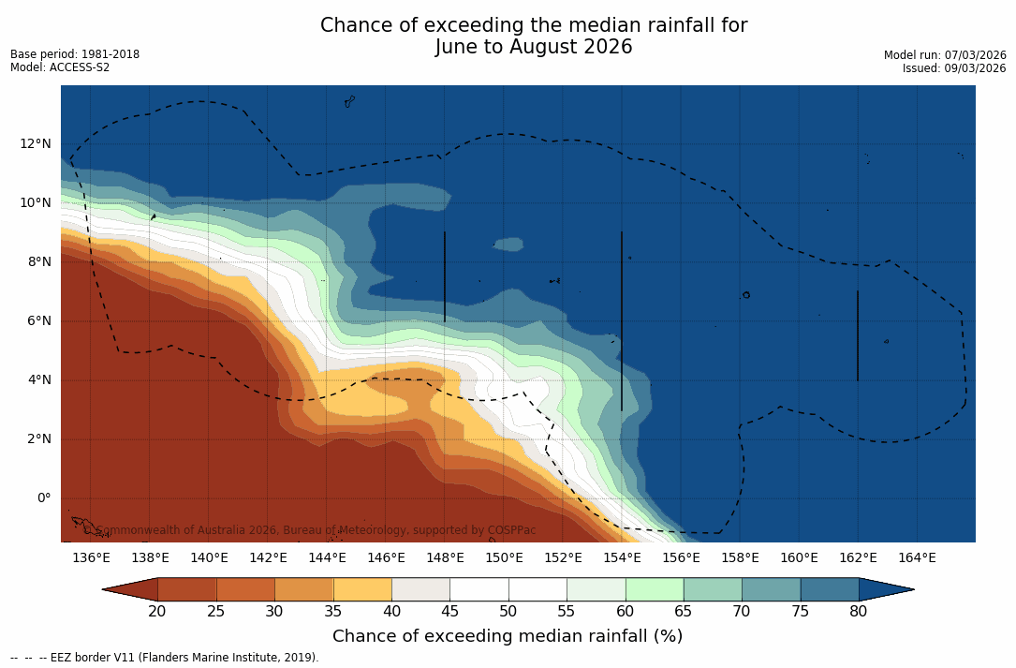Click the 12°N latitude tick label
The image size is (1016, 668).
point(36,144)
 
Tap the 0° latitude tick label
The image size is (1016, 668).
point(43,498)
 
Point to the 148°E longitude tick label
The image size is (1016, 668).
point(445,558)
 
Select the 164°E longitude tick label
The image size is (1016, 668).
point(917,558)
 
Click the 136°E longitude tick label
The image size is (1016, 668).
point(91,558)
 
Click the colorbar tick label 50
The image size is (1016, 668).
point(508,612)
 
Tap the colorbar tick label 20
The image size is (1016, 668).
point(157,612)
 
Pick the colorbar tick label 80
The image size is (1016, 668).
point(859,612)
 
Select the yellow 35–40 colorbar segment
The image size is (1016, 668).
point(362,589)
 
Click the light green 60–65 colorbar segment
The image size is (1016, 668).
point(655,589)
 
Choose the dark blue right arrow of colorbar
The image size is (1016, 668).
point(885,589)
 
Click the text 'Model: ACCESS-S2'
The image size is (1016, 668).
point(60,67)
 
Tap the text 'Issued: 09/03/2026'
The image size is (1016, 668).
point(954,68)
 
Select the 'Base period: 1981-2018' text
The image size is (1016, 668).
point(75,54)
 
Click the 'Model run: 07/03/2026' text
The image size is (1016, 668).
point(945,55)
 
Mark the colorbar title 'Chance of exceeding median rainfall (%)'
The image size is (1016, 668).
point(508,637)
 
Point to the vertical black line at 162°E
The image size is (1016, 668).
point(858,335)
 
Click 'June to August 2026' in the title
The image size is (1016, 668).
point(534,47)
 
